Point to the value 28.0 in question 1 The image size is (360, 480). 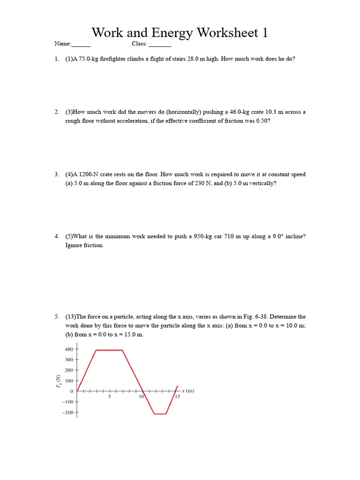[x=194, y=59]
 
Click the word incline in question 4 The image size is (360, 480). [x=293, y=236]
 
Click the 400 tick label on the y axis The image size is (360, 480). [x=68, y=349]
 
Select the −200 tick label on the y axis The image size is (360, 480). [x=67, y=413]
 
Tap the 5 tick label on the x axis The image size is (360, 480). [x=109, y=397]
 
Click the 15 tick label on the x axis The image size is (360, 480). [x=178, y=397]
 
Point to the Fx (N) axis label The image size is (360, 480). [x=59, y=381]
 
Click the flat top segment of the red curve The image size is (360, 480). [x=109, y=350]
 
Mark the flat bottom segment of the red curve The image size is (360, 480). [x=160, y=413]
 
